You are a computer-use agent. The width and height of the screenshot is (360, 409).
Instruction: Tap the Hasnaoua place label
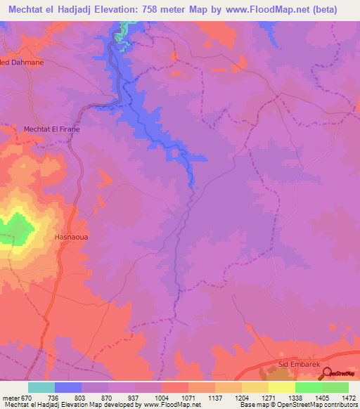click(x=71, y=238)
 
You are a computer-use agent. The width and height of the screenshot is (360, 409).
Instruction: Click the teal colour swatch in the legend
click(x=41, y=388)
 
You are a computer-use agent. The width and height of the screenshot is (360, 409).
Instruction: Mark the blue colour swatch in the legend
click(x=68, y=388)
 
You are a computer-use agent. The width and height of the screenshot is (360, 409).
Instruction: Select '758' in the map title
click(x=182, y=9)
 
